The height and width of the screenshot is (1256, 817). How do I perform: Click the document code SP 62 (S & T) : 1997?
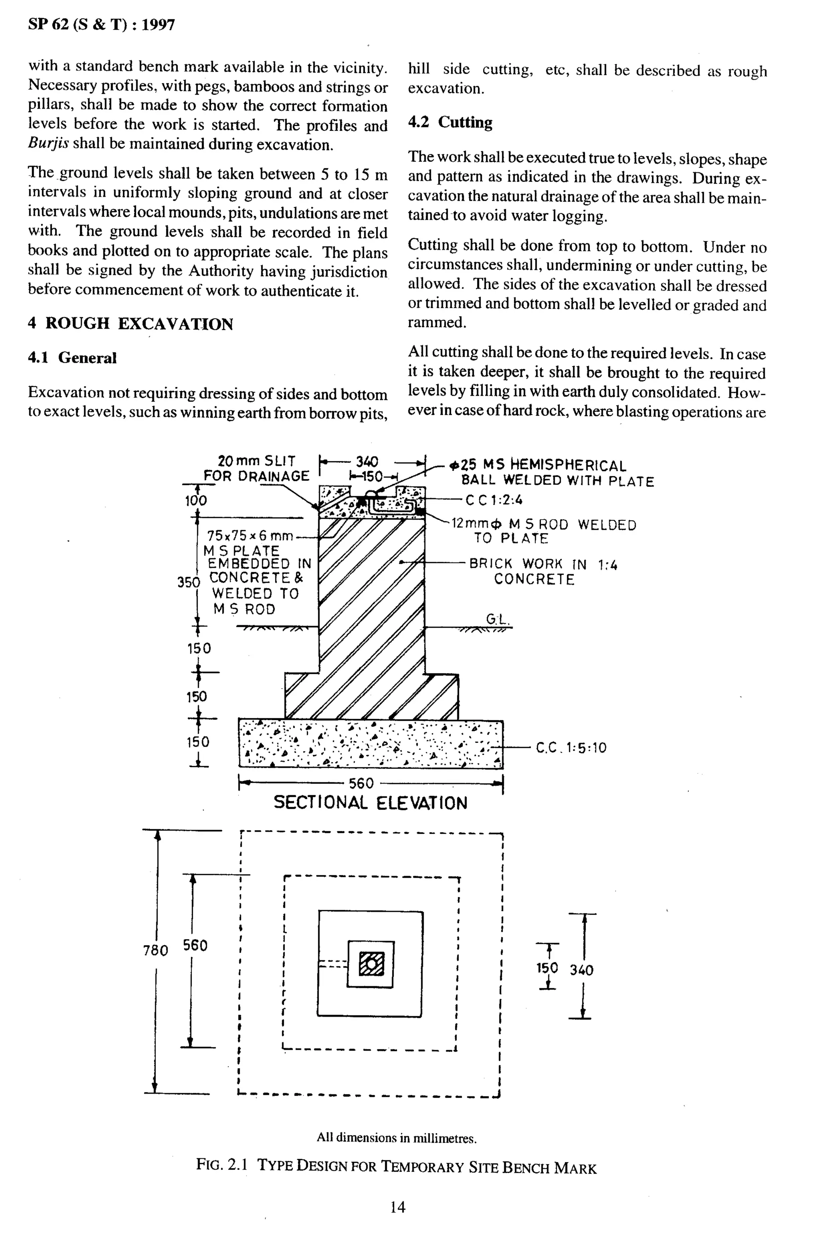[101, 25]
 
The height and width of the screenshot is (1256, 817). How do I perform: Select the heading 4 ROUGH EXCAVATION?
[130, 324]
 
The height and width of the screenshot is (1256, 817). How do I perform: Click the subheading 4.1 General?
[72, 358]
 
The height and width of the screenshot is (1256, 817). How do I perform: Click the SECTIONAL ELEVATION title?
[370, 803]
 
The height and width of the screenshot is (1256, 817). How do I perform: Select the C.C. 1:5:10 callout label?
[571, 747]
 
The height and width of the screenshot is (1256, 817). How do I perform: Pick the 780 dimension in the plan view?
[155, 950]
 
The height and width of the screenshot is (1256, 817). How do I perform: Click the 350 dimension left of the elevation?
[188, 582]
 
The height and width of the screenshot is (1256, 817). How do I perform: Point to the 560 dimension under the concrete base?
[361, 783]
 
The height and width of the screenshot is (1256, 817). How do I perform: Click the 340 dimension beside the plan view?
[581, 970]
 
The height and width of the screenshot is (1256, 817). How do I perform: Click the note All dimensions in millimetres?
[397, 1138]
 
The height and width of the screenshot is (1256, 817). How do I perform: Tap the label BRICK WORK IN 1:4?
[543, 564]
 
